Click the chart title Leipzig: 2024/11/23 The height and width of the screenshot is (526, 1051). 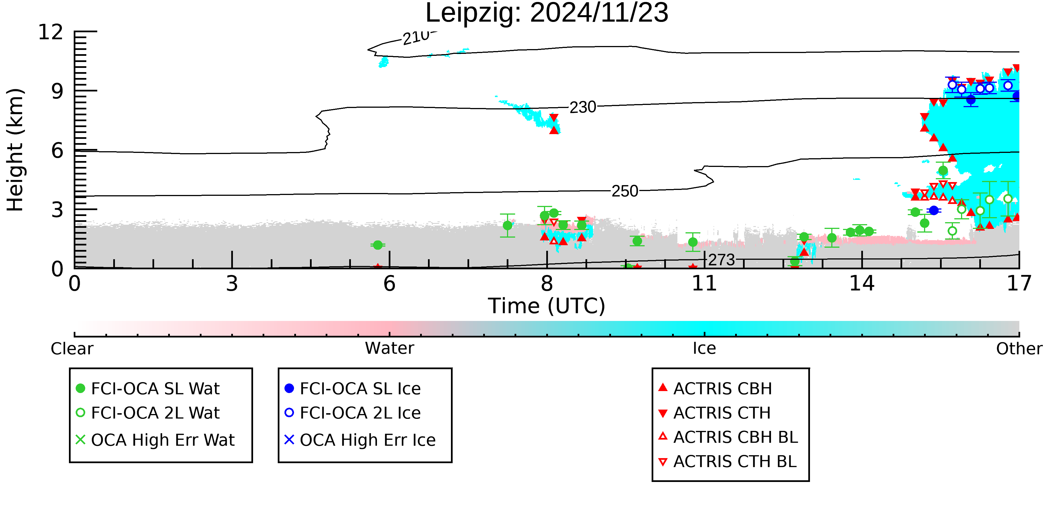click(x=547, y=13)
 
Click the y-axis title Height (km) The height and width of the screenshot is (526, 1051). click(x=15, y=150)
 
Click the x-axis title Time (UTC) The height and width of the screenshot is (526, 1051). click(x=547, y=306)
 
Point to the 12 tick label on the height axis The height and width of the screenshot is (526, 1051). click(x=51, y=32)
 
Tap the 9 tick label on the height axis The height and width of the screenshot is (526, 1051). click(x=57, y=91)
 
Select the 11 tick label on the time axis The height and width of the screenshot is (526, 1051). click(x=704, y=283)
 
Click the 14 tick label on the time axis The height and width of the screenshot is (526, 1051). click(x=862, y=283)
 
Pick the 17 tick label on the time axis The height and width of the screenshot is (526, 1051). click(x=1019, y=283)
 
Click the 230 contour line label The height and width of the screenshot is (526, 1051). click(x=583, y=107)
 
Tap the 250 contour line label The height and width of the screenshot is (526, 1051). click(x=625, y=191)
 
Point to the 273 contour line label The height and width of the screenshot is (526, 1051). click(x=721, y=260)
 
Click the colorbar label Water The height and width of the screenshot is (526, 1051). click(x=390, y=348)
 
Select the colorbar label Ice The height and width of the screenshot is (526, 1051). click(x=704, y=348)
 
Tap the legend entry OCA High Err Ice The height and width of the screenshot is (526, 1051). click(x=360, y=440)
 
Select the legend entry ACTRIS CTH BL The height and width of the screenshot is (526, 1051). click(x=728, y=461)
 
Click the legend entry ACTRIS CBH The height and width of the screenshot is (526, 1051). click(x=715, y=388)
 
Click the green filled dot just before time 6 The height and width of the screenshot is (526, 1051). click(x=378, y=245)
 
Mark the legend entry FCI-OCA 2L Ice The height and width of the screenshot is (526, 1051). click(x=353, y=413)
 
